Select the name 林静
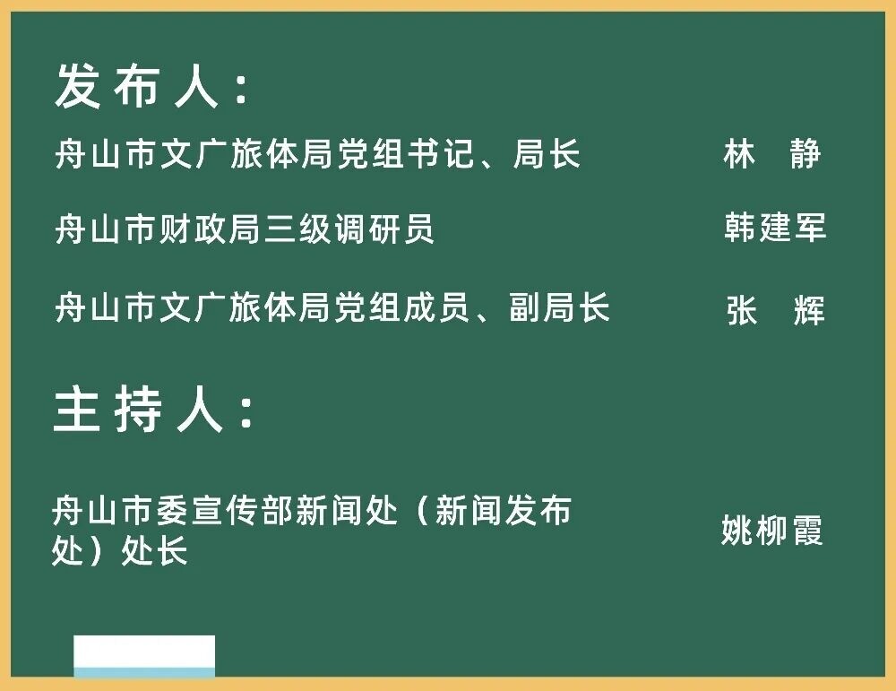click(772, 154)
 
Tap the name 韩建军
click(775, 227)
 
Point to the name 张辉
click(775, 310)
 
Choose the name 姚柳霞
click(772, 531)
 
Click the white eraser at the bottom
click(144, 656)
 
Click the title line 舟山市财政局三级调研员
click(245, 229)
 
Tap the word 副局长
click(559, 307)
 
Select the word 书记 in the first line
click(439, 154)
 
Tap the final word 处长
click(154, 551)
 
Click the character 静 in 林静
click(806, 154)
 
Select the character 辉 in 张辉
click(809, 310)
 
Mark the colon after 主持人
click(246, 411)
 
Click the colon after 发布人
click(242, 89)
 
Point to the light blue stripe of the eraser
click(144, 672)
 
